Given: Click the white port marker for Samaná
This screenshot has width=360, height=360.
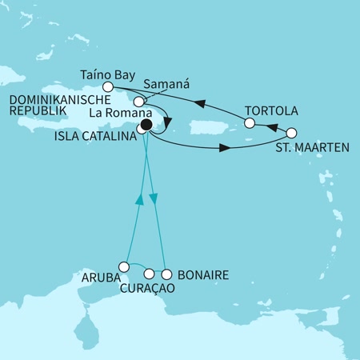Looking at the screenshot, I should point(139,102).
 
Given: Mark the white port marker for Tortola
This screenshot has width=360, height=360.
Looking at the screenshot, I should point(250,123).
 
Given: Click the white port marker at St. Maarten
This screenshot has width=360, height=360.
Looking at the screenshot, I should point(291,133).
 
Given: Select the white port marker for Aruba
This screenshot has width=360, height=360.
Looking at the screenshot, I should point(123,266).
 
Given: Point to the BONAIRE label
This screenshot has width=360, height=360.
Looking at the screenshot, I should point(202,276).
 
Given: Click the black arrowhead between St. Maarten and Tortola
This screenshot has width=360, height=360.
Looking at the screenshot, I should point(269,128).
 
